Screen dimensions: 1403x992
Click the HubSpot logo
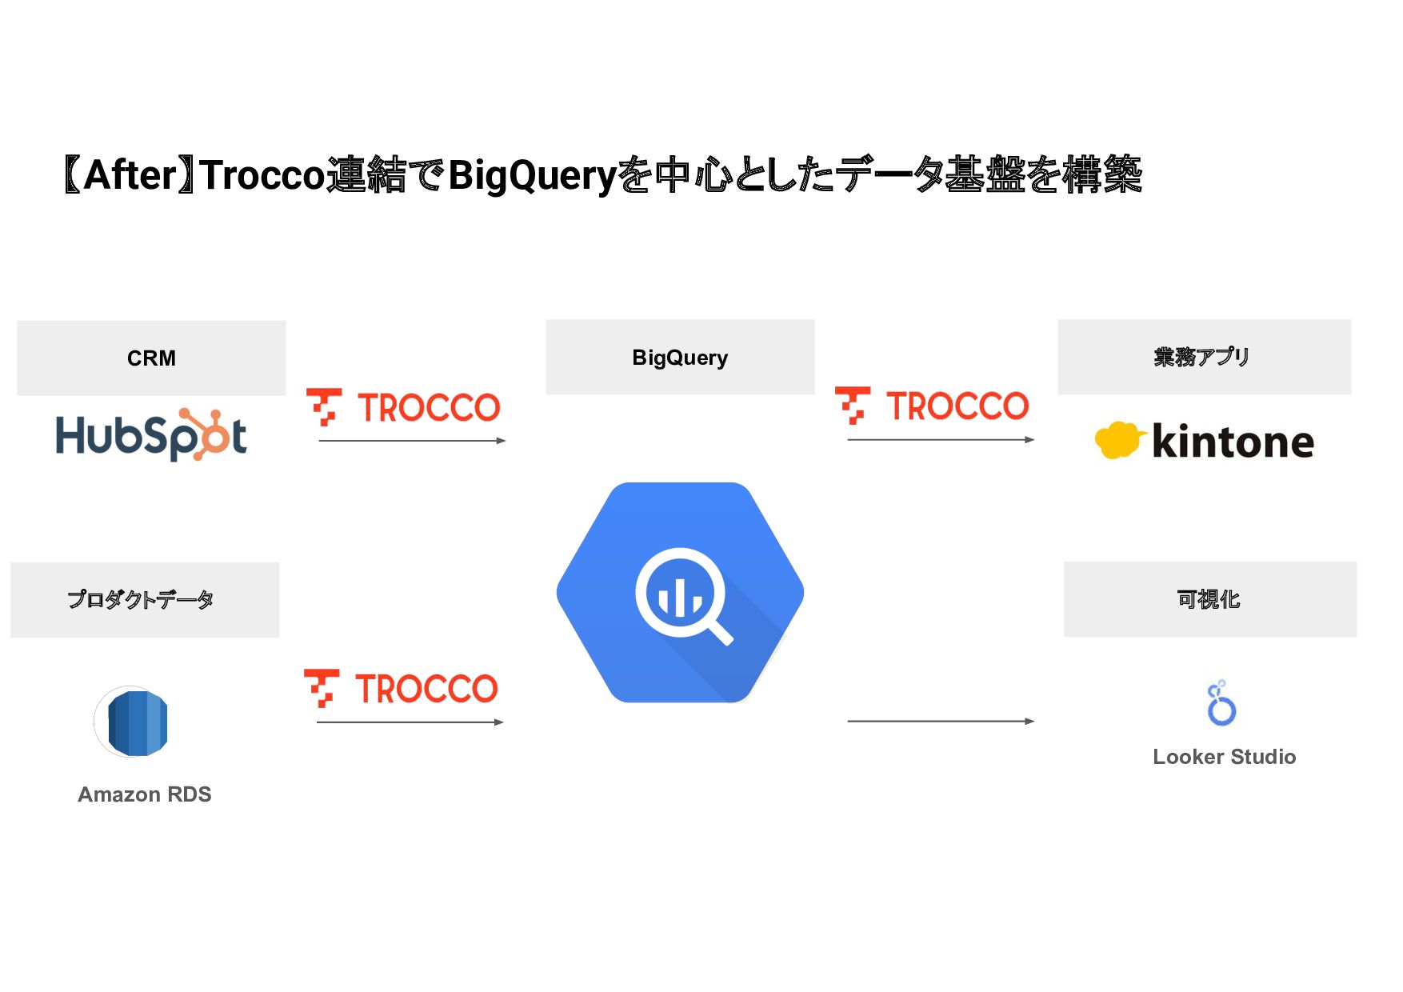click(151, 435)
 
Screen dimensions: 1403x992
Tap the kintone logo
click(1204, 441)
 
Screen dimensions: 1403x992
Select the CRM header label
click(151, 358)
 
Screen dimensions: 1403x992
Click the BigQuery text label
click(680, 358)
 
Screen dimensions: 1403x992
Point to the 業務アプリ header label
click(1201, 357)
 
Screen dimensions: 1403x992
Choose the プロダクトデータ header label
click(141, 600)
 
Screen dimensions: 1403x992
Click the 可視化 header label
click(1208, 599)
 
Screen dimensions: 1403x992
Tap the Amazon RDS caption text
click(145, 794)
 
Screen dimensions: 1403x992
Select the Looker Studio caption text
click(1224, 757)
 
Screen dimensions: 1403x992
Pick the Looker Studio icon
click(1221, 704)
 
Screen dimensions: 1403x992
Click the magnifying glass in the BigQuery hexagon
click(682, 595)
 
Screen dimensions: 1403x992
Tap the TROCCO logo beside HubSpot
click(404, 407)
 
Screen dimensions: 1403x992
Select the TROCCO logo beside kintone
click(932, 406)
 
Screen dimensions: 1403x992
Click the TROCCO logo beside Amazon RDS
click(402, 689)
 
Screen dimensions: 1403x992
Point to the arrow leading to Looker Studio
click(941, 722)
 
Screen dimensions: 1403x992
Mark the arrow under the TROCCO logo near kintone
click(941, 440)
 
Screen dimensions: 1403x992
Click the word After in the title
click(130, 175)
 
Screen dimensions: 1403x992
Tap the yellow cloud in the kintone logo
click(1117, 440)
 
